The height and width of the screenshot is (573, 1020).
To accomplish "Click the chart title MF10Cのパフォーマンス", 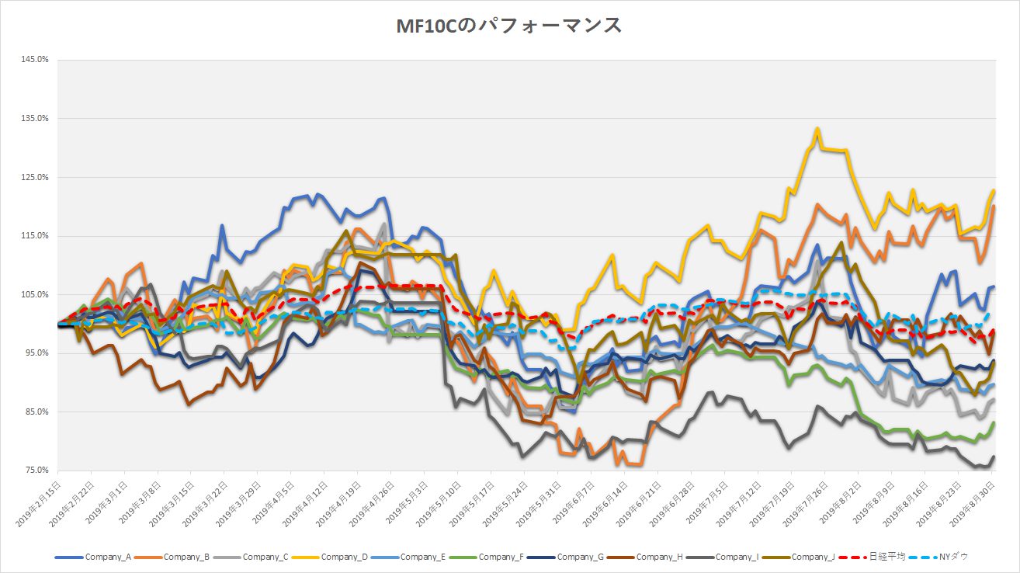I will [x=509, y=26].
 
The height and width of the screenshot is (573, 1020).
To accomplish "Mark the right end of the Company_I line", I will [x=994, y=457].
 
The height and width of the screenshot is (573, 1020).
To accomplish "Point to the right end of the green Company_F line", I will [x=994, y=423].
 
